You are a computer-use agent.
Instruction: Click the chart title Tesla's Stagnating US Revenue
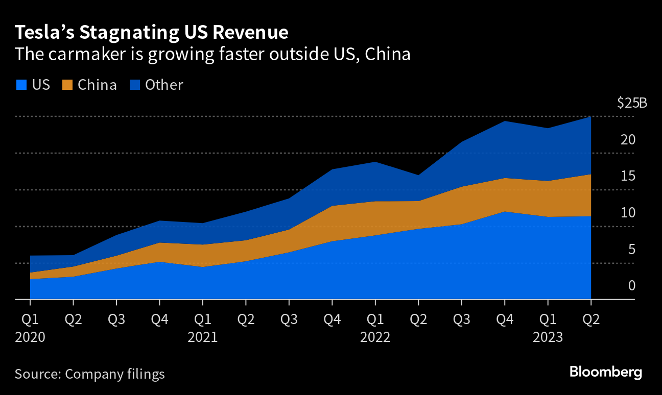(x=152, y=32)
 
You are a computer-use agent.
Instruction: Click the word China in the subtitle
(x=389, y=54)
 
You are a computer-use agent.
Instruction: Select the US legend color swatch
(x=20, y=85)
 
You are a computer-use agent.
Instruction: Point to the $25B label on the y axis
(x=632, y=103)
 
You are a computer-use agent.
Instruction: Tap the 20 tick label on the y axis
(x=628, y=140)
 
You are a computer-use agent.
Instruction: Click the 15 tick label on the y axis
(x=628, y=176)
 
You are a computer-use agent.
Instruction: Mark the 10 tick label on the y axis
(x=628, y=213)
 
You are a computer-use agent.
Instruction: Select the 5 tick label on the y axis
(x=631, y=250)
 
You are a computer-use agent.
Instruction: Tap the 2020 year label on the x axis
(x=30, y=338)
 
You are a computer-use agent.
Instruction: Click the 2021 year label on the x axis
(x=203, y=338)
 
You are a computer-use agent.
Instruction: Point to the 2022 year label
(x=375, y=338)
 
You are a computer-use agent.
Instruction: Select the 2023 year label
(x=548, y=338)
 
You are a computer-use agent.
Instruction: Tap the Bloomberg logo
(x=606, y=372)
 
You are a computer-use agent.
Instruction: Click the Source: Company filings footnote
(x=90, y=374)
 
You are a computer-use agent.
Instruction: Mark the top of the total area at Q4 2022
(x=505, y=121)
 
